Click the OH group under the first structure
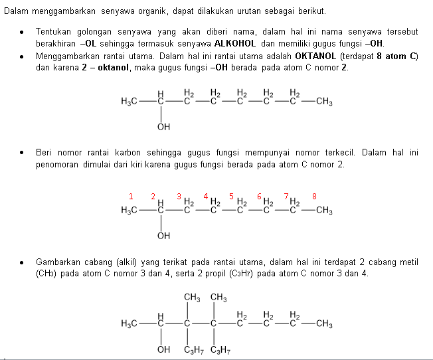pyautogui.click(x=163, y=126)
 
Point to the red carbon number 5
pyautogui.click(x=231, y=196)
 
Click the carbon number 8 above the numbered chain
pyautogui.click(x=314, y=196)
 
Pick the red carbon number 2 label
pyautogui.click(x=153, y=196)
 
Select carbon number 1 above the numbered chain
pyautogui.click(x=131, y=196)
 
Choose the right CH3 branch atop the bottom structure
pyautogui.click(x=218, y=297)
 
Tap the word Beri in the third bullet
pyautogui.click(x=44, y=153)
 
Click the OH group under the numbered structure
pyautogui.click(x=163, y=235)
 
